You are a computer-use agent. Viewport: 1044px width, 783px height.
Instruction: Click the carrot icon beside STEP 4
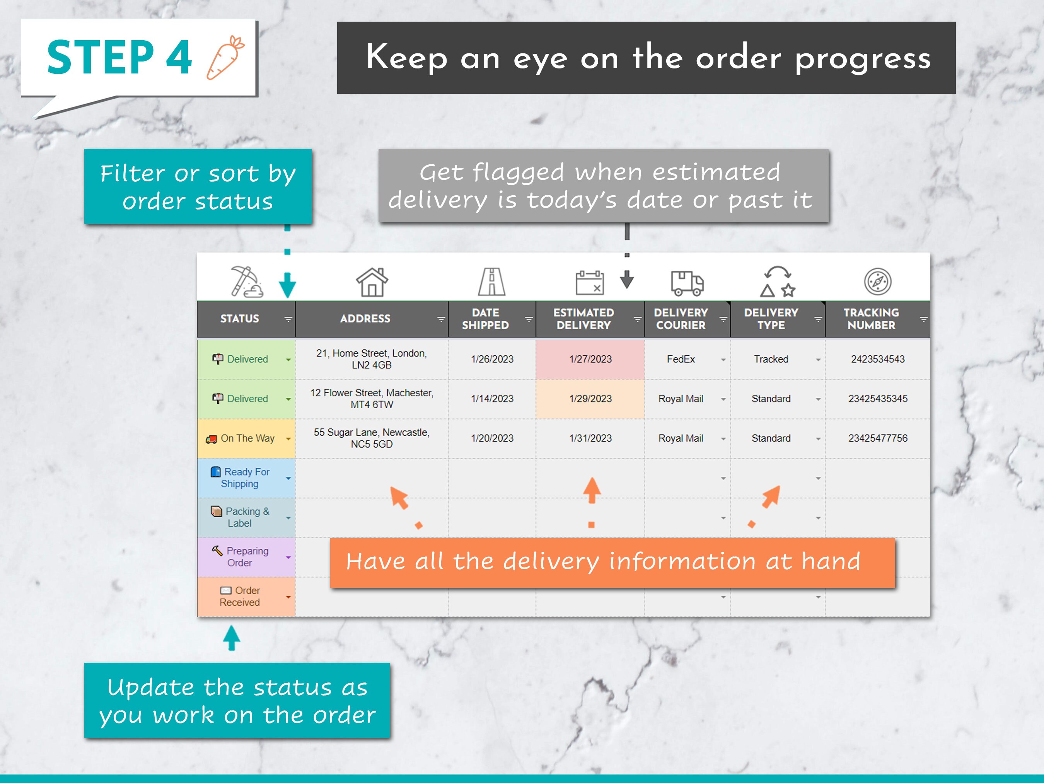pyautogui.click(x=225, y=58)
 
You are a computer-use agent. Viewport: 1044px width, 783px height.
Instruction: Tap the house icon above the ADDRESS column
pyautogui.click(x=372, y=282)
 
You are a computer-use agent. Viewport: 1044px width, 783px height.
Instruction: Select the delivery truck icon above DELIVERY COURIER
pyautogui.click(x=687, y=283)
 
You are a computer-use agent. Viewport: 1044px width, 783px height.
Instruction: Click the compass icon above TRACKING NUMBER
pyautogui.click(x=877, y=282)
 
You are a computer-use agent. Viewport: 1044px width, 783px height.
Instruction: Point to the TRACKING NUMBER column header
pyautogui.click(x=871, y=319)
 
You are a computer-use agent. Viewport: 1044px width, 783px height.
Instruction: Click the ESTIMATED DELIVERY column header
pyautogui.click(x=583, y=319)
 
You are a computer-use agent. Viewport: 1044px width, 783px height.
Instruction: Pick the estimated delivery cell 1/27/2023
pyautogui.click(x=590, y=359)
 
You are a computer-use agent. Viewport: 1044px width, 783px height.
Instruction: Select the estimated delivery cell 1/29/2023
pyautogui.click(x=590, y=399)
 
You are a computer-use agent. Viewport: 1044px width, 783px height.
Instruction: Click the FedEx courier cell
pyautogui.click(x=681, y=359)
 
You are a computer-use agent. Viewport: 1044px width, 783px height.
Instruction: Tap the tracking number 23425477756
pyautogui.click(x=877, y=438)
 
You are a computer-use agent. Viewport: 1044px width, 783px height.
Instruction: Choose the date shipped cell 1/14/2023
pyautogui.click(x=492, y=399)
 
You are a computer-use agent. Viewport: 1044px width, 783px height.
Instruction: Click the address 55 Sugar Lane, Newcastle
pyautogui.click(x=372, y=438)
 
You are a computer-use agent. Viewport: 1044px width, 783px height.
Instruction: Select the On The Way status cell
pyautogui.click(x=246, y=438)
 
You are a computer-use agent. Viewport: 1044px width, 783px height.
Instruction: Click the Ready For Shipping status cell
pyautogui.click(x=246, y=478)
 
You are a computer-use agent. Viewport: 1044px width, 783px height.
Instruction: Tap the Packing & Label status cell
pyautogui.click(x=246, y=517)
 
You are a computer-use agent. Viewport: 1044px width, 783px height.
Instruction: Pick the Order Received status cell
pyautogui.click(x=246, y=597)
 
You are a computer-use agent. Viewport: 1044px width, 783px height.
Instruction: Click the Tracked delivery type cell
pyautogui.click(x=771, y=359)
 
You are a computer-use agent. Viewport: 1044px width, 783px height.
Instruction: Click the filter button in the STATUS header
pyautogui.click(x=288, y=319)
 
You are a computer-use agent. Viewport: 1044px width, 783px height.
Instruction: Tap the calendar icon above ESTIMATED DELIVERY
pyautogui.click(x=590, y=283)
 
